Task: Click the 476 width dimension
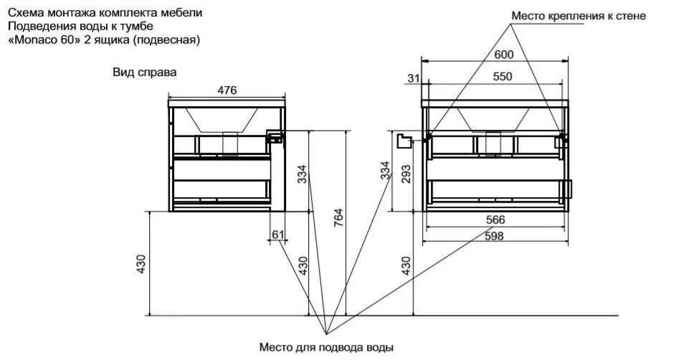(227, 90)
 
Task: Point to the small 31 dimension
(412, 77)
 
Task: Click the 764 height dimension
(339, 215)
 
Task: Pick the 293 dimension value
(406, 174)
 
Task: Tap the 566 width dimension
(496, 219)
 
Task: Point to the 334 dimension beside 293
(386, 170)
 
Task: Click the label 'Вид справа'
(144, 72)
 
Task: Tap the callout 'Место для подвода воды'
(327, 348)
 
